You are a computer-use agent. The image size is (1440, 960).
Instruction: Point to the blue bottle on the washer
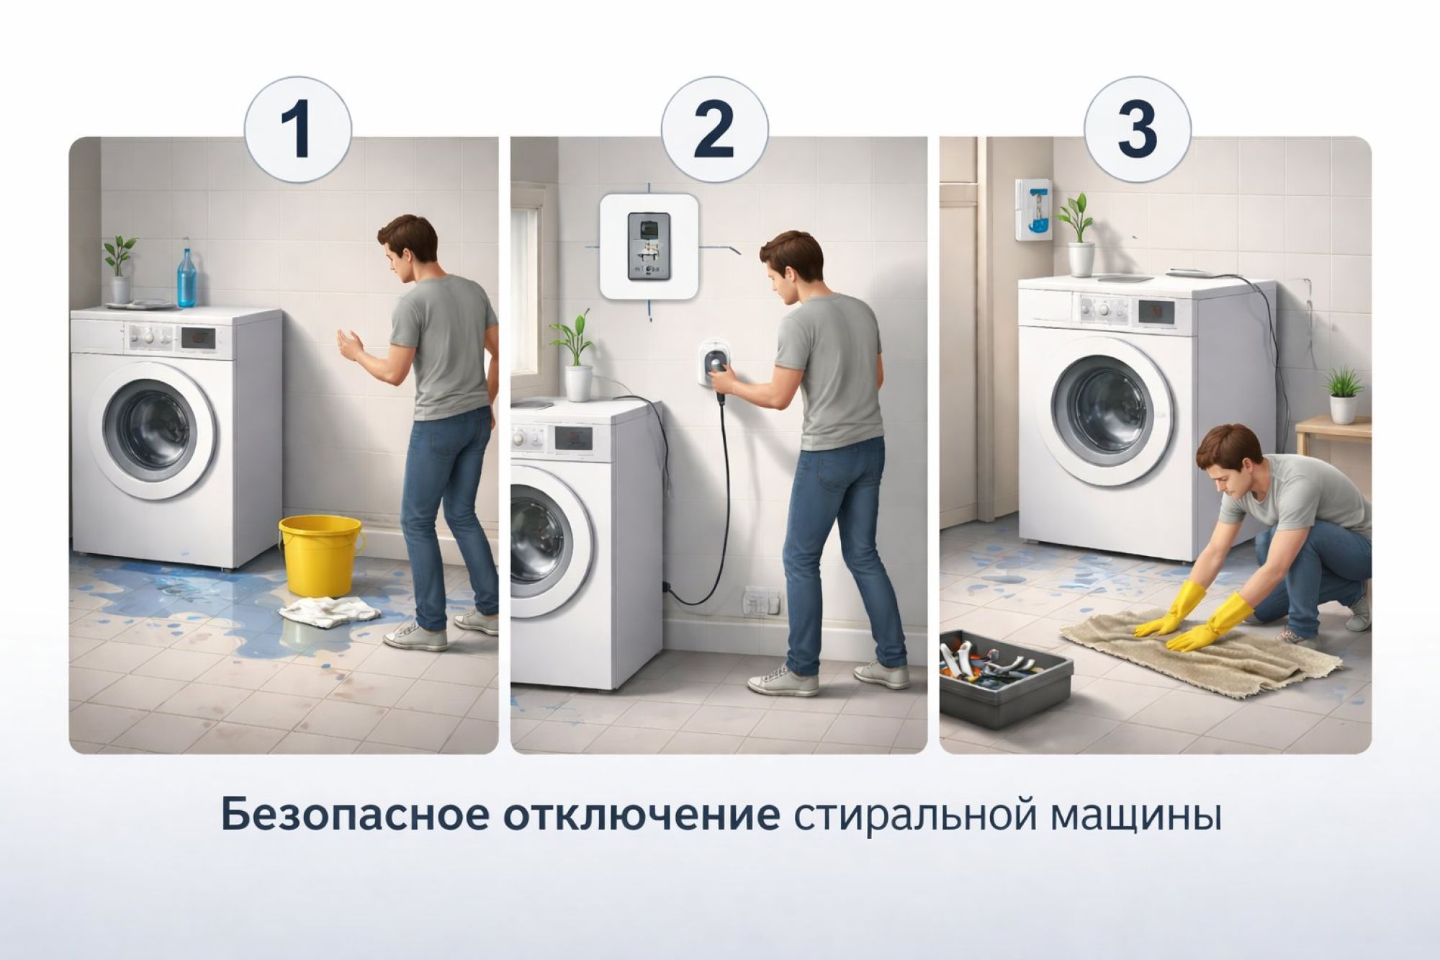click(188, 277)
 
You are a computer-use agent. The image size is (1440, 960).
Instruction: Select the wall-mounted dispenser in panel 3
click(1034, 209)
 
